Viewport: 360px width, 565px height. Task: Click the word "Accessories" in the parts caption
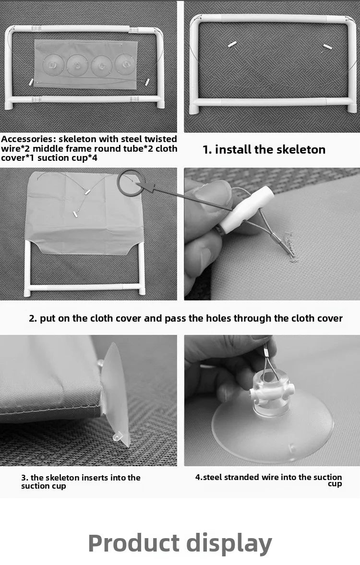click(x=27, y=139)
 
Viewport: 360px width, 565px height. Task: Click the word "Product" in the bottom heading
click(x=134, y=543)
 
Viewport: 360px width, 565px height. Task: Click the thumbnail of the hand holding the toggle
click(x=272, y=234)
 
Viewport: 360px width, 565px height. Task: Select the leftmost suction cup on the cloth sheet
click(x=53, y=65)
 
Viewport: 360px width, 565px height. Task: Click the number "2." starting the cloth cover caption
click(x=33, y=319)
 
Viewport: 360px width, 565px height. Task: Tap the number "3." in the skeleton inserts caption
click(x=24, y=478)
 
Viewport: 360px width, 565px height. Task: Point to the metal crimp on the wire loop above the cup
click(x=265, y=350)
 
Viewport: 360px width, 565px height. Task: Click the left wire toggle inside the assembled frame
click(x=232, y=44)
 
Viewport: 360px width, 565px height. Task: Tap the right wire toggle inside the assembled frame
click(x=326, y=47)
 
